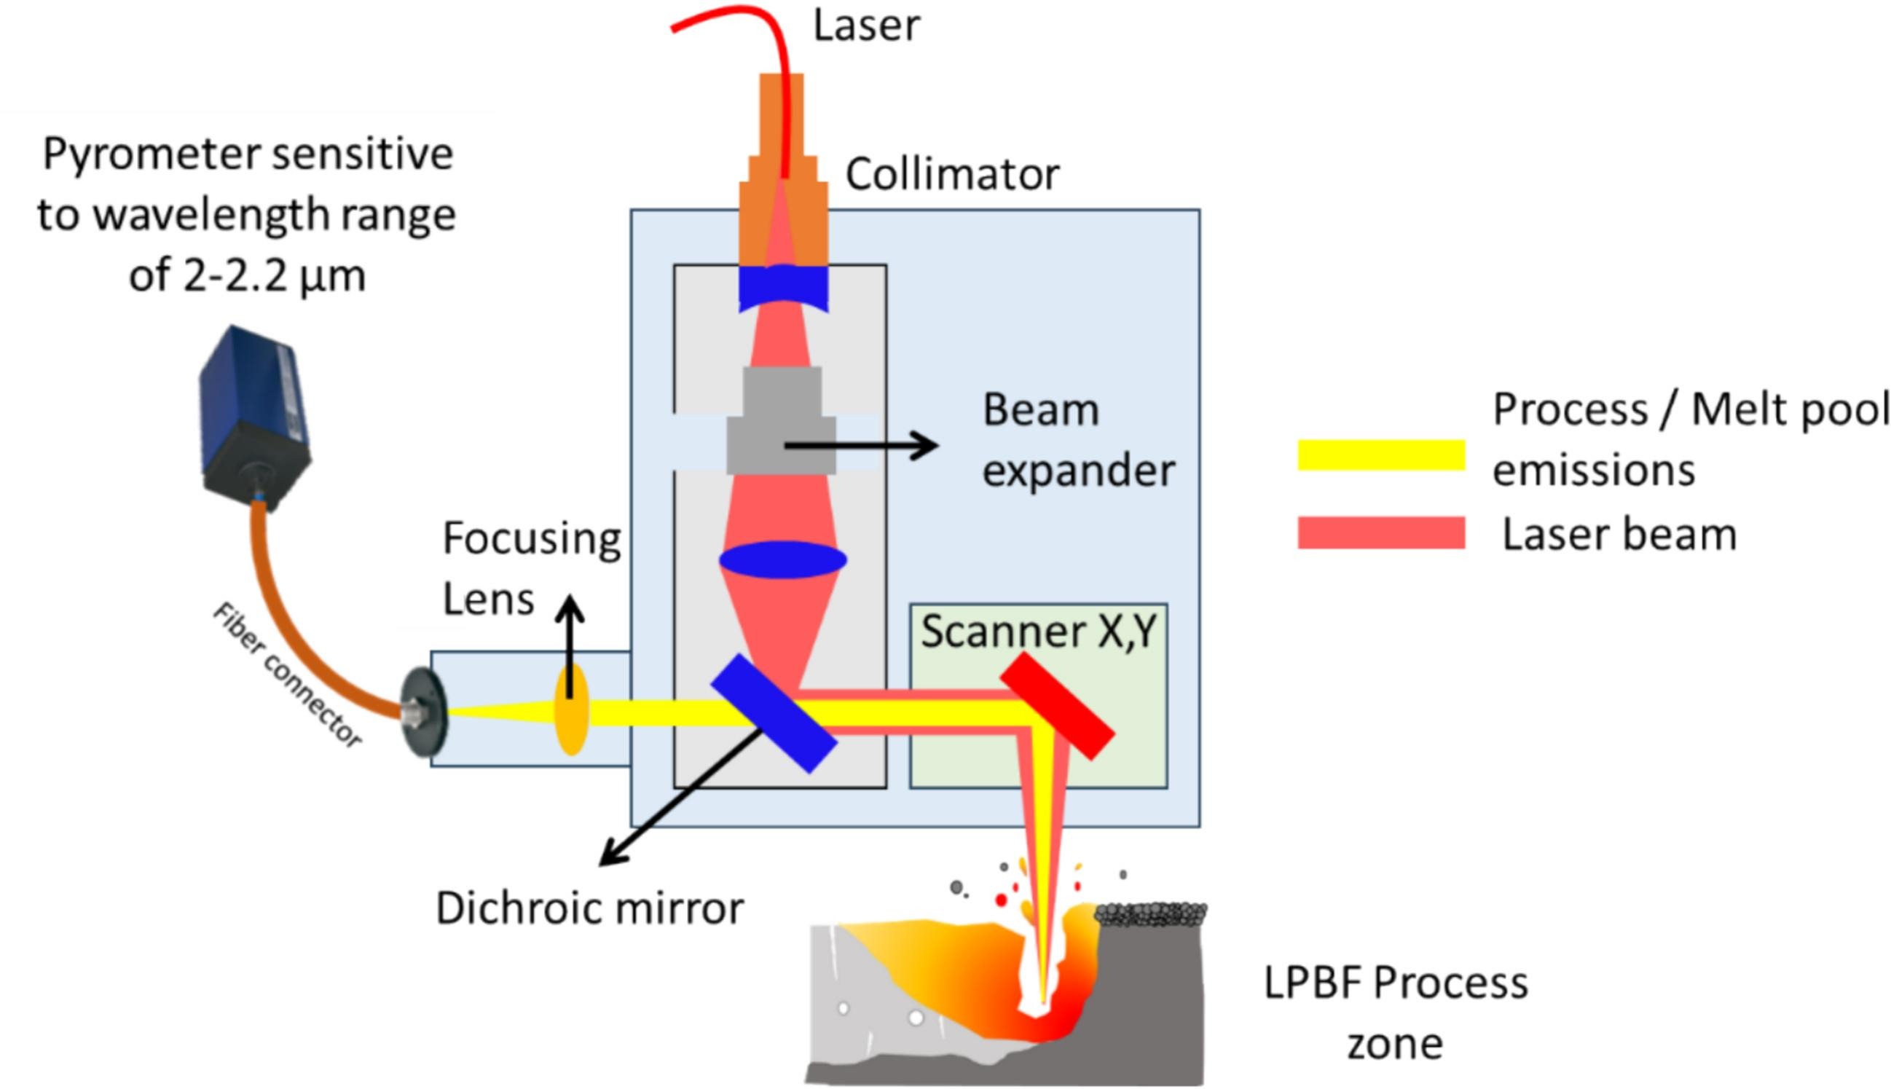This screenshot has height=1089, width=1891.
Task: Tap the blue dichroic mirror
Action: pos(774,713)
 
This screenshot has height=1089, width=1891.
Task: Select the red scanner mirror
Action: pos(1057,706)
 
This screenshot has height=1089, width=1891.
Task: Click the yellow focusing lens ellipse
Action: pos(571,710)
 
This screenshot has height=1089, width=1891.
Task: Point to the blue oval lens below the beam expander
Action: pos(783,559)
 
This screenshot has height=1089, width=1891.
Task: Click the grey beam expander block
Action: pos(782,422)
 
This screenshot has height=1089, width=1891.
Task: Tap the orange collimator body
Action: pos(783,187)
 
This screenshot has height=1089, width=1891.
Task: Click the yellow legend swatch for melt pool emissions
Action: pos(1381,455)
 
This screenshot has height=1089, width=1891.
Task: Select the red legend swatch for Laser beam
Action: pos(1381,533)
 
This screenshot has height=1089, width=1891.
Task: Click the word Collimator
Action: pos(952,174)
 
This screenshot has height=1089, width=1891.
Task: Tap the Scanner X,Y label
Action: pos(1039,632)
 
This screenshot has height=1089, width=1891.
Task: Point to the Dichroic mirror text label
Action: pos(589,909)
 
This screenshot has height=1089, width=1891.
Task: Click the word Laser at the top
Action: pos(866,25)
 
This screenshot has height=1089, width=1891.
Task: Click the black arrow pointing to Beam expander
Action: pos(860,446)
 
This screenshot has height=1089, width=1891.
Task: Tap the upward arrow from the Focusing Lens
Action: pos(570,643)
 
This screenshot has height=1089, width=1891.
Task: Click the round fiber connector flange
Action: pos(425,713)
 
